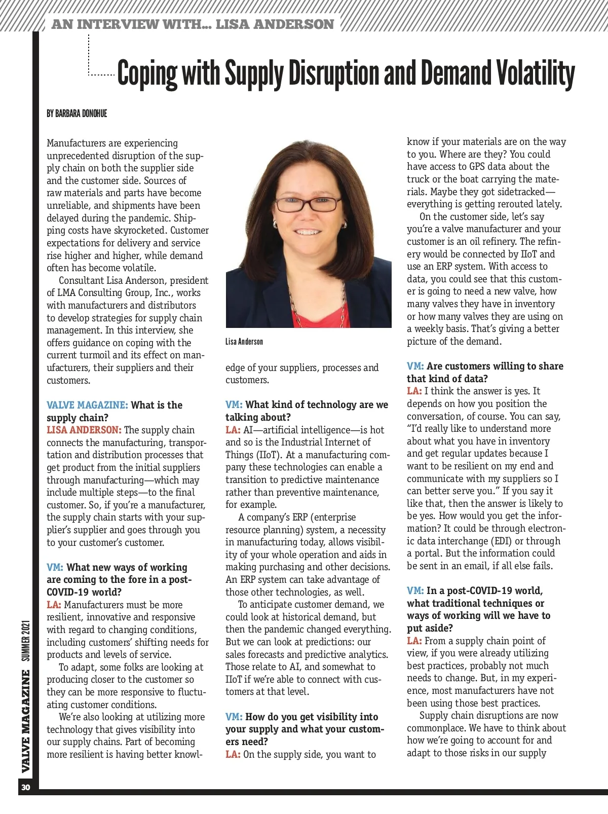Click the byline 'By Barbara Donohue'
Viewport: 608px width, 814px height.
coord(77,114)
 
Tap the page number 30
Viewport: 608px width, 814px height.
coord(26,788)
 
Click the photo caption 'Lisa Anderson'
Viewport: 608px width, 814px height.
coord(244,342)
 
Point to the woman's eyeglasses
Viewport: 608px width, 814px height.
coord(308,204)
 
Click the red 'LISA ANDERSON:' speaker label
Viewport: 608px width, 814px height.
coord(84,430)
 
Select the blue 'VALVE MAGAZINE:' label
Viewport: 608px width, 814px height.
coord(87,405)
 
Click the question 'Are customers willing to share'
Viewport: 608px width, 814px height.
coord(495,366)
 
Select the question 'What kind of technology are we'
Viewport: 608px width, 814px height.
coord(317,404)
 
